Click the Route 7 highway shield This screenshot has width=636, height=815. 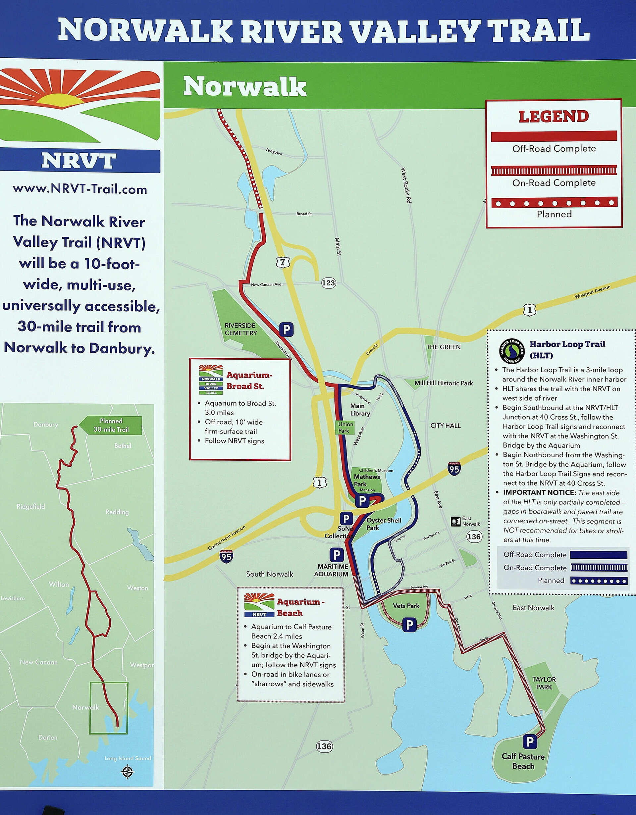[283, 262]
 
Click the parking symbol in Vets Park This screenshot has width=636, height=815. [409, 624]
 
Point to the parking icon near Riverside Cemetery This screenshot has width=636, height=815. [286, 330]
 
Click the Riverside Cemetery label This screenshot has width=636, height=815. [240, 329]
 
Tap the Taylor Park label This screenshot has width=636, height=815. [544, 683]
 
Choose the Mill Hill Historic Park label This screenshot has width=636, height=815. [444, 383]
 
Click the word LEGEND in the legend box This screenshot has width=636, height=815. [554, 117]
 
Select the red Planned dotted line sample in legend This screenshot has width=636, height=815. [554, 203]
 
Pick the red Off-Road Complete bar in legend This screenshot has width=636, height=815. [554, 136]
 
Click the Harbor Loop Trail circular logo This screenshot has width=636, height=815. [512, 350]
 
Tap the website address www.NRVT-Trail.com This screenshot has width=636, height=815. [80, 189]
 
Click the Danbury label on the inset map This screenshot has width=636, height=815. [45, 424]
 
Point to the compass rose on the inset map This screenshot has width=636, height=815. [128, 771]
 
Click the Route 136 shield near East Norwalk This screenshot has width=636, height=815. [474, 536]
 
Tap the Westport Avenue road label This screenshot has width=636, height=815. [592, 291]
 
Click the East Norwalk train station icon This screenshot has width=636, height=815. [455, 521]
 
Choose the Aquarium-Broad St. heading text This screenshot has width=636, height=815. [249, 380]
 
